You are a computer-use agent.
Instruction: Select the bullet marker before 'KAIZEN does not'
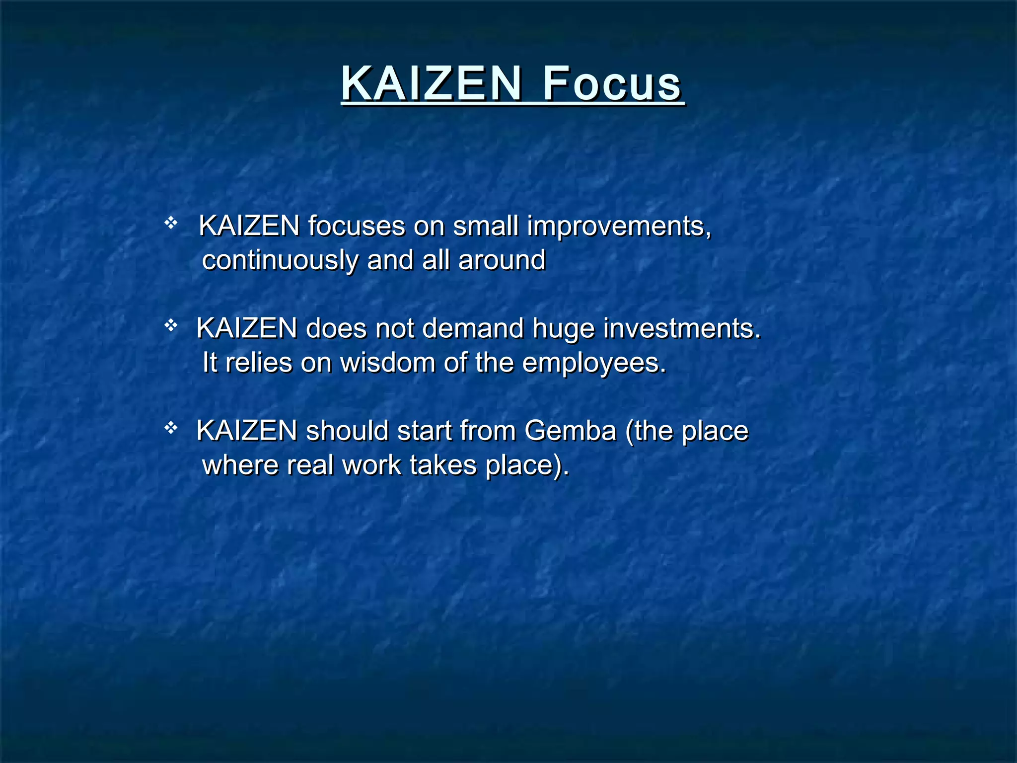pos(171,325)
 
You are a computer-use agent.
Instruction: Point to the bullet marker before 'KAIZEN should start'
pos(171,428)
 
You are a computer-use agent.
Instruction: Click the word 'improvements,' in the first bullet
pos(619,227)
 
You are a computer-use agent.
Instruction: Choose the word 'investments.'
pos(682,329)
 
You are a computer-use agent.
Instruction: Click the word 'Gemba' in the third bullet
pos(570,431)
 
